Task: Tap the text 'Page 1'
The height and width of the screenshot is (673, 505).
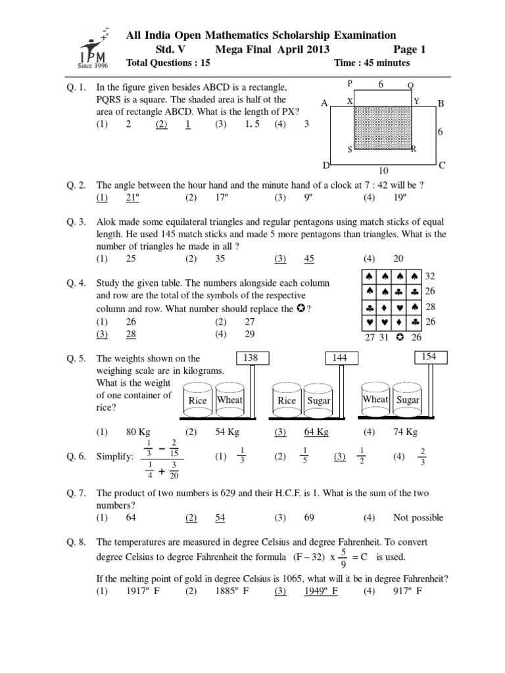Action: click(410, 49)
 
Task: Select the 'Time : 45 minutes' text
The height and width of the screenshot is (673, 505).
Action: click(372, 63)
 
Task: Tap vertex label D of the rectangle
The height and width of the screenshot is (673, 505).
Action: click(326, 165)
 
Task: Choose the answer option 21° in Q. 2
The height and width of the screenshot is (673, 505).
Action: click(134, 197)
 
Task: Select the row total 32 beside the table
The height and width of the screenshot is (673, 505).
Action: click(431, 276)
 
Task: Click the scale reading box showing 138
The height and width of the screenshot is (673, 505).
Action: click(251, 358)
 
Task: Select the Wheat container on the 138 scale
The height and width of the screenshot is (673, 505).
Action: click(229, 400)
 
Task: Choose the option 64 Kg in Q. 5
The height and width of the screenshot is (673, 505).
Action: click(316, 432)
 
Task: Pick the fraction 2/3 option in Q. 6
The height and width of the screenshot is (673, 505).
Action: click(423, 455)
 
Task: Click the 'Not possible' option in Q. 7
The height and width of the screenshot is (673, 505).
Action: click(418, 517)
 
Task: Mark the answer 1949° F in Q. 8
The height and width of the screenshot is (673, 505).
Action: click(321, 591)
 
